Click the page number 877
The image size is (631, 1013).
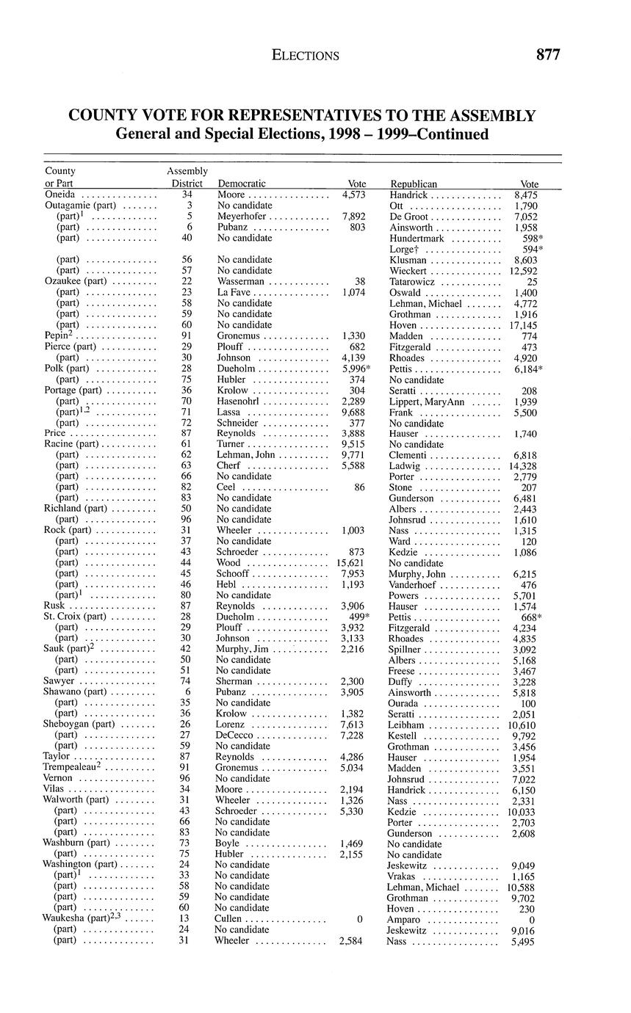coord(548,54)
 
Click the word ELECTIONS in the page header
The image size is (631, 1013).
coord(305,55)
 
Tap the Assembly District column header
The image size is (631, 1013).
coord(187,177)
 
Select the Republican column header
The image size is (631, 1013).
coord(414,184)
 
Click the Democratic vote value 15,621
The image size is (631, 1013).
coord(350,562)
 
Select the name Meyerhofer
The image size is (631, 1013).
coord(242,217)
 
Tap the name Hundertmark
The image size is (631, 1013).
coord(417,238)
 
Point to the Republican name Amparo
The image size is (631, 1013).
coord(404,919)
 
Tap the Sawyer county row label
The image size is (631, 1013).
coord(59,681)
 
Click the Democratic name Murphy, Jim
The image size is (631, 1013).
coord(242,649)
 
